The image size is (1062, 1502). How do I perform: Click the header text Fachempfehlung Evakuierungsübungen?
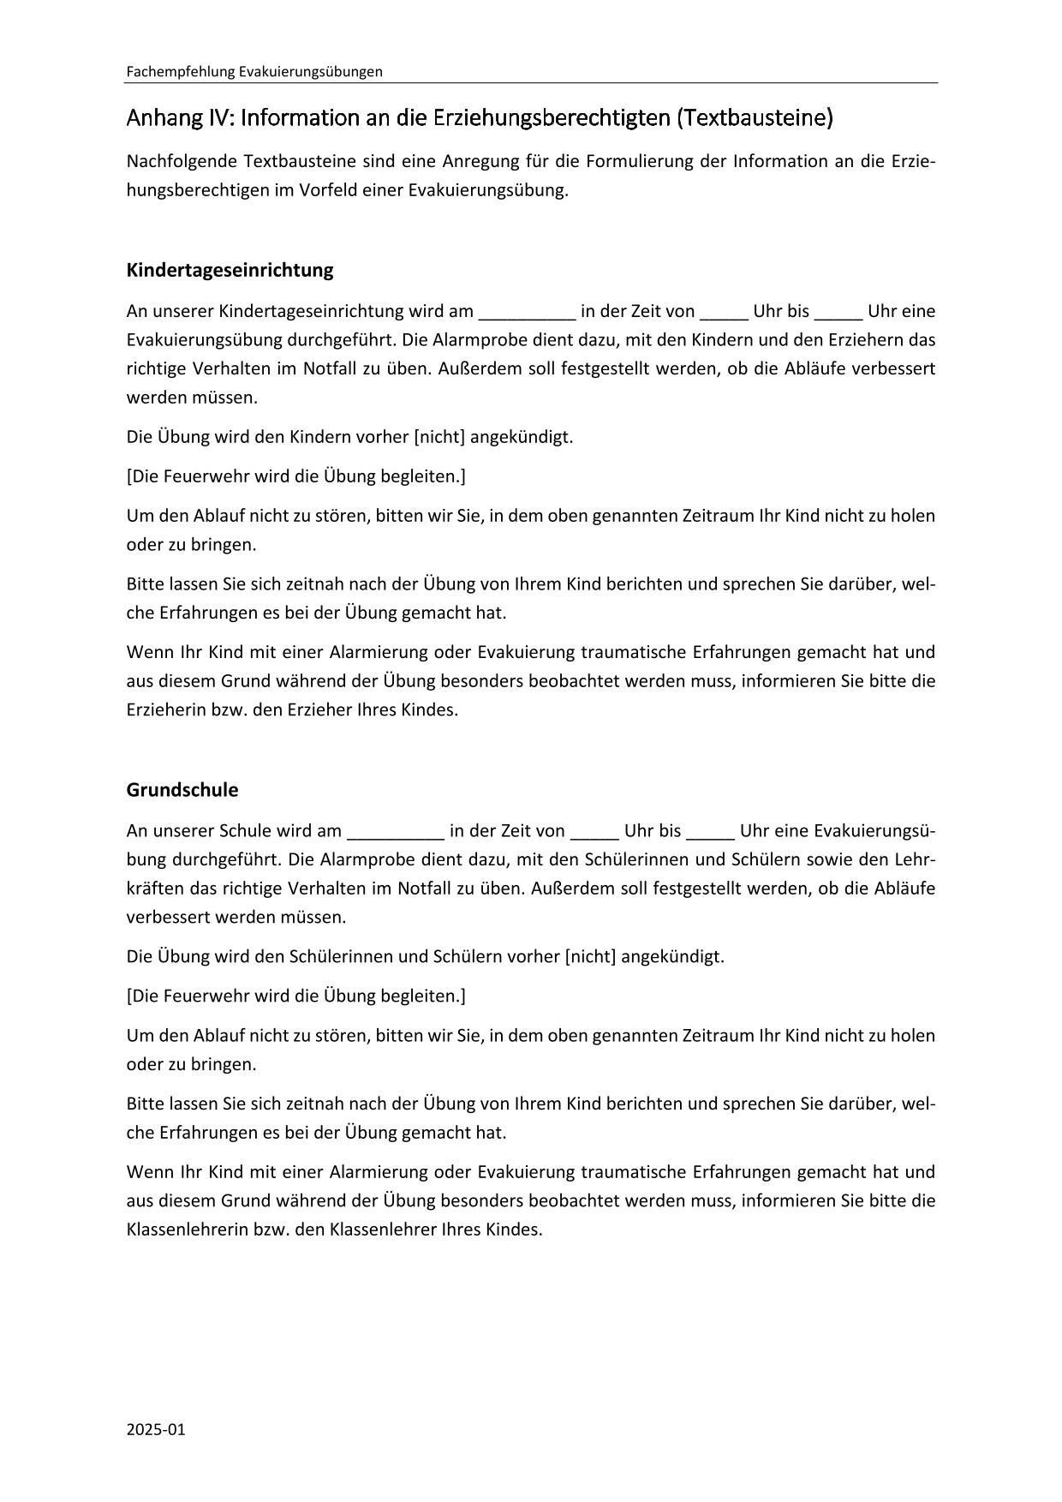pos(254,72)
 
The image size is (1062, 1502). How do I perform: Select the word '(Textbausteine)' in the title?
pos(754,117)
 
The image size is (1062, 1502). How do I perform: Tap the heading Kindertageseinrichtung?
pos(230,270)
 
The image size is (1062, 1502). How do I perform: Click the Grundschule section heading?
pos(182,789)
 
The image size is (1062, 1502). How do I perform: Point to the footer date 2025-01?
pos(156,1429)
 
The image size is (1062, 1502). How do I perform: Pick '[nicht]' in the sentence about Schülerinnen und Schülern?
pos(591,956)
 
